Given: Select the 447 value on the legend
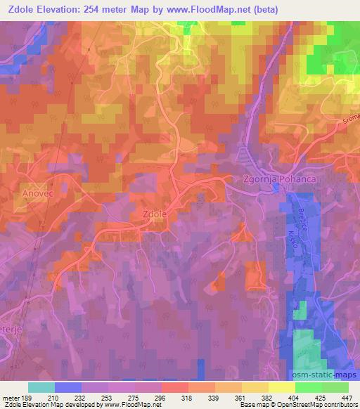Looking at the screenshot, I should tap(347, 398).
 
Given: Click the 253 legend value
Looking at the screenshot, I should tap(108, 398).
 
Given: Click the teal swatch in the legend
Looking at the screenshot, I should tap(41, 387).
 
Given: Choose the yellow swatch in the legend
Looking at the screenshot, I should tap(281, 387).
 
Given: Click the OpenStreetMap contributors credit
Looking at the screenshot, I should tap(309, 405).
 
